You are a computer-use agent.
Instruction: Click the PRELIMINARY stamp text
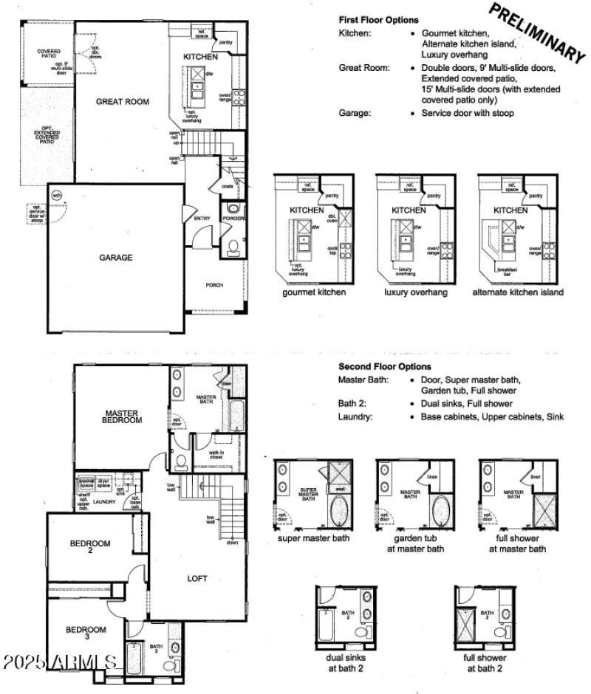(536, 32)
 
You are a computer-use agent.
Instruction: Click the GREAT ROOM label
(123, 102)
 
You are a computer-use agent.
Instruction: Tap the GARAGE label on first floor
(116, 258)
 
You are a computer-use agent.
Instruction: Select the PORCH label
(214, 286)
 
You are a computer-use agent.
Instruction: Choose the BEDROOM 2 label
(90, 547)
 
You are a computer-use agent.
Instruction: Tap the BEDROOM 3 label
(86, 633)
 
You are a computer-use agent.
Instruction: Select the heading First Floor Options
(378, 20)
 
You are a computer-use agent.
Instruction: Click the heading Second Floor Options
(385, 366)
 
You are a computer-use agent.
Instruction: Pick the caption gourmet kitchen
(313, 292)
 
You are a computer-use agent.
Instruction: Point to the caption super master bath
(314, 537)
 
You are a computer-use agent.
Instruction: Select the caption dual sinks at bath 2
(345, 662)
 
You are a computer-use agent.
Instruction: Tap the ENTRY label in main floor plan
(202, 219)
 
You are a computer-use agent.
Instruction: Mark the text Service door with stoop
(468, 113)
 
